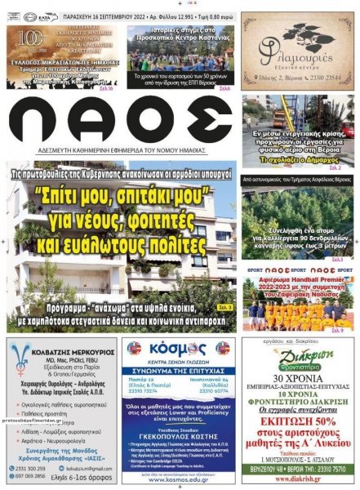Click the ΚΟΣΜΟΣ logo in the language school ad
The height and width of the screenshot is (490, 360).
(x=179, y=350)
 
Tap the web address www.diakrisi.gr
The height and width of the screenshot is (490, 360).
(x=300, y=480)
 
